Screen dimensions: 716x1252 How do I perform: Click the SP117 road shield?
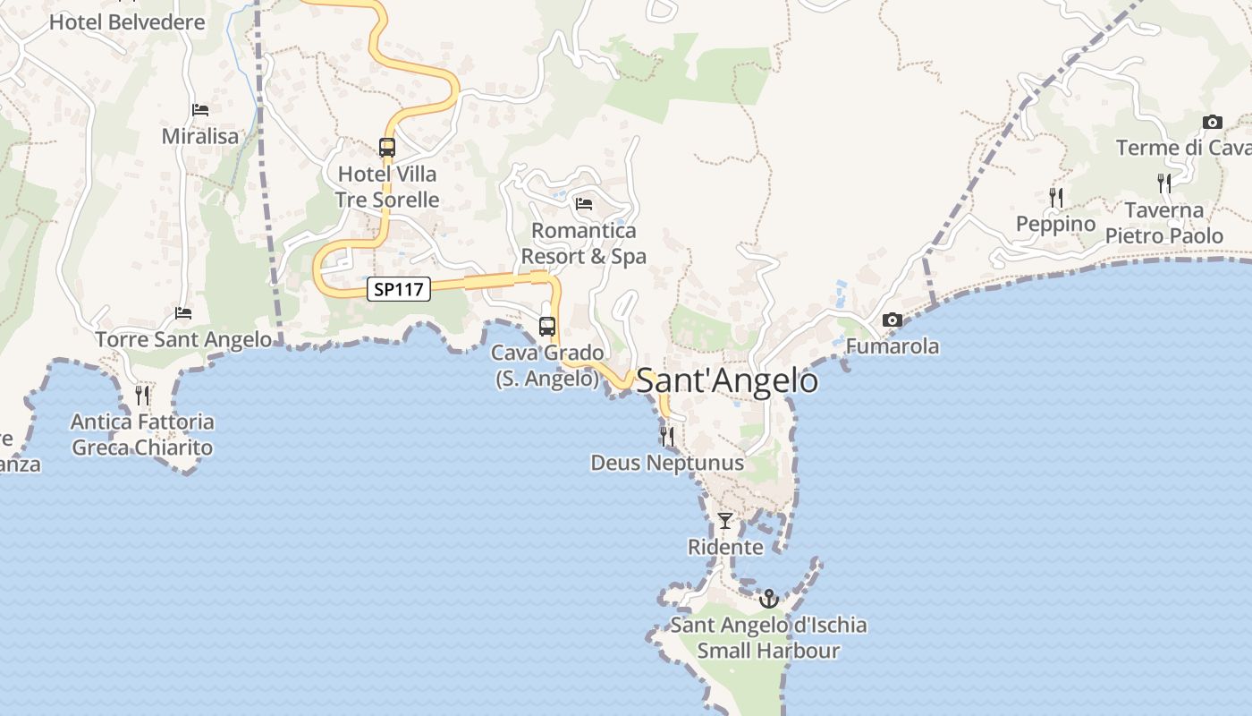point(399,289)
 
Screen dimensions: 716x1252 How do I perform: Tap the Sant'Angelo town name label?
point(726,381)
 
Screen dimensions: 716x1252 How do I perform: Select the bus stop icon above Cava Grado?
point(547,327)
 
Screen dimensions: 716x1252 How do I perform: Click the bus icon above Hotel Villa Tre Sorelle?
point(387,148)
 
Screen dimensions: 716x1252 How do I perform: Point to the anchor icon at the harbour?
point(769,598)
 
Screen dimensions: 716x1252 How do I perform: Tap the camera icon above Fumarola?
point(892,320)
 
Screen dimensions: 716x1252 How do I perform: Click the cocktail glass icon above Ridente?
point(725,520)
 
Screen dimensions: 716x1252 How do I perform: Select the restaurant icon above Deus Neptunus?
point(667,437)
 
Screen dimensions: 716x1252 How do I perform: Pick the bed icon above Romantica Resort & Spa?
point(584,204)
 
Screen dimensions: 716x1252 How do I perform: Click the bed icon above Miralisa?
point(200,110)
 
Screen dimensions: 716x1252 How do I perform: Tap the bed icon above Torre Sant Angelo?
point(183,313)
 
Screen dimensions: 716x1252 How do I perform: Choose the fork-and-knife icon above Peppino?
point(1056,197)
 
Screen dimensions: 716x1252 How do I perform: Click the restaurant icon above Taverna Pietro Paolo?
point(1164,183)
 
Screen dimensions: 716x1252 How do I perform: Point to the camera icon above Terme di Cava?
point(1213,123)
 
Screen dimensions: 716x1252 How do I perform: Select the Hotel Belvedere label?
point(127,22)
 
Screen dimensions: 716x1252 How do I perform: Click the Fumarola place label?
point(892,346)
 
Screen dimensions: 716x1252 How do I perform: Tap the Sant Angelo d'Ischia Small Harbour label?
point(769,637)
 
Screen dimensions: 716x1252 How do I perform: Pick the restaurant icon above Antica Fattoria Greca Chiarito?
point(142,395)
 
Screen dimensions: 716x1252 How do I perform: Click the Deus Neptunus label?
point(667,463)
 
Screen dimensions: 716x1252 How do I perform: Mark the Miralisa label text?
point(200,136)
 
